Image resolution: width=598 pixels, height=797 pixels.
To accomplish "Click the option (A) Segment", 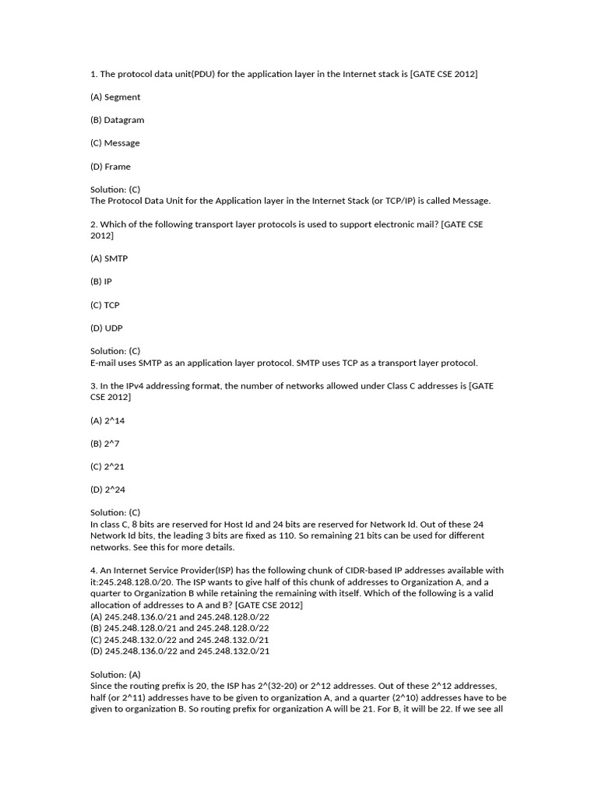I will (x=115, y=97).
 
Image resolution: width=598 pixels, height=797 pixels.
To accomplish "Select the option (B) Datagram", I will (x=117, y=120).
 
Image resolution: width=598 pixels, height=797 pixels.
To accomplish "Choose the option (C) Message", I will (x=115, y=143).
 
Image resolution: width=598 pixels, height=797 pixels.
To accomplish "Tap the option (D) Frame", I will (x=111, y=167).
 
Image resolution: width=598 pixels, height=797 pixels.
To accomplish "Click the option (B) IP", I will (x=101, y=282).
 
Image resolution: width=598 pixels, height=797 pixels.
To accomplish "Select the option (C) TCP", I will (x=105, y=305).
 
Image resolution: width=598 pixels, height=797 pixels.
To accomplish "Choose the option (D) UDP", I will (x=107, y=328).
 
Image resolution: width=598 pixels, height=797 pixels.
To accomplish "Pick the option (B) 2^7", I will (x=105, y=444).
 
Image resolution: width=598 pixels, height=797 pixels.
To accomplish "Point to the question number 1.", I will (x=93, y=74).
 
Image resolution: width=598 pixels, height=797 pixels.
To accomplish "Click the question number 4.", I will (x=93, y=571).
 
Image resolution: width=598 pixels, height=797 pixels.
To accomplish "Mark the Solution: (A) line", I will (x=115, y=674).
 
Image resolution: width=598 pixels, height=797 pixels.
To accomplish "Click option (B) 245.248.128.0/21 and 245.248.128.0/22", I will (x=180, y=628).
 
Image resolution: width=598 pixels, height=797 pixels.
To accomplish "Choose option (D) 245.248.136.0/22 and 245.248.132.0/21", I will (x=180, y=651).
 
